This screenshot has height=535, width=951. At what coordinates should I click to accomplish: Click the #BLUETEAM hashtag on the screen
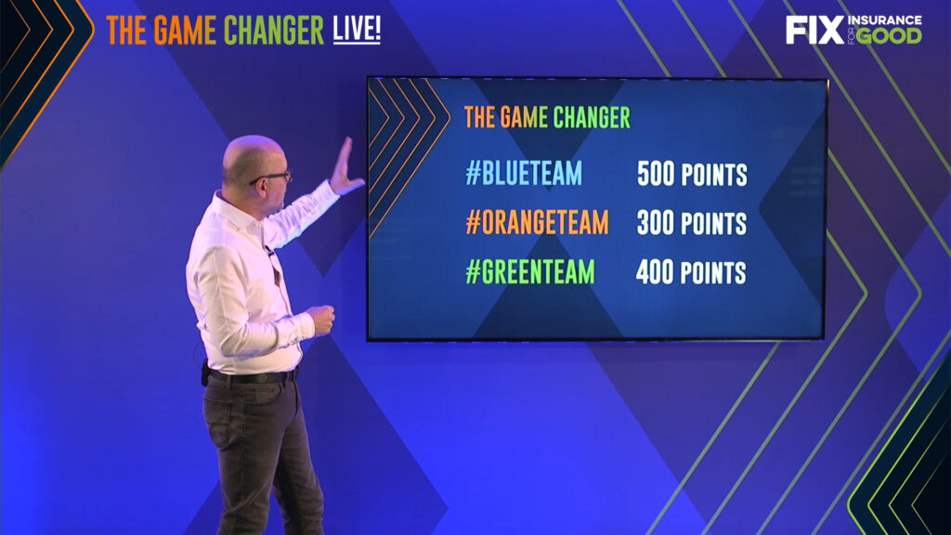[x=524, y=173]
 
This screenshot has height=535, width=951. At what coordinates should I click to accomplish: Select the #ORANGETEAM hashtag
[x=537, y=222]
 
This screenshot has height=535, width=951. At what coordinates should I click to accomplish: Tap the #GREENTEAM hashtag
[x=530, y=271]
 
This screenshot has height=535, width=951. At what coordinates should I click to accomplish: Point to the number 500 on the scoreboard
[x=656, y=174]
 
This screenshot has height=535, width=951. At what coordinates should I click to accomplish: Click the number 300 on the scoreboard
[x=656, y=223]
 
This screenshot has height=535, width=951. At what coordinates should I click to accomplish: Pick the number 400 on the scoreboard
[x=655, y=272]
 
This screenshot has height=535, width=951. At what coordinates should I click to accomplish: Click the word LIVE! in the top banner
[x=357, y=29]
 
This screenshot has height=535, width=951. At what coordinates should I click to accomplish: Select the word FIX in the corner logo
[x=814, y=30]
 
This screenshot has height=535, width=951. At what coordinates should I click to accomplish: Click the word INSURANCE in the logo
[x=884, y=20]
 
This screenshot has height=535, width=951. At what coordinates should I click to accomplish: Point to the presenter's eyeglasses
[x=274, y=177]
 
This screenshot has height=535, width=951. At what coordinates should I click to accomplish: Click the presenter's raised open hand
[x=345, y=167]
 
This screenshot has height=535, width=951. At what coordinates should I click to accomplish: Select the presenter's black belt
[x=252, y=377]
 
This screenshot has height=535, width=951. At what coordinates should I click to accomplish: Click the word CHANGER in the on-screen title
[x=592, y=118]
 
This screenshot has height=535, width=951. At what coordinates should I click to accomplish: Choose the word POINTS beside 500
[x=714, y=175]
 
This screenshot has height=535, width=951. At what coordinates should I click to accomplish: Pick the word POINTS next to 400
[x=713, y=273]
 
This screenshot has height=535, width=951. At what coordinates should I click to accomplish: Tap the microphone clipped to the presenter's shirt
[x=268, y=250]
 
